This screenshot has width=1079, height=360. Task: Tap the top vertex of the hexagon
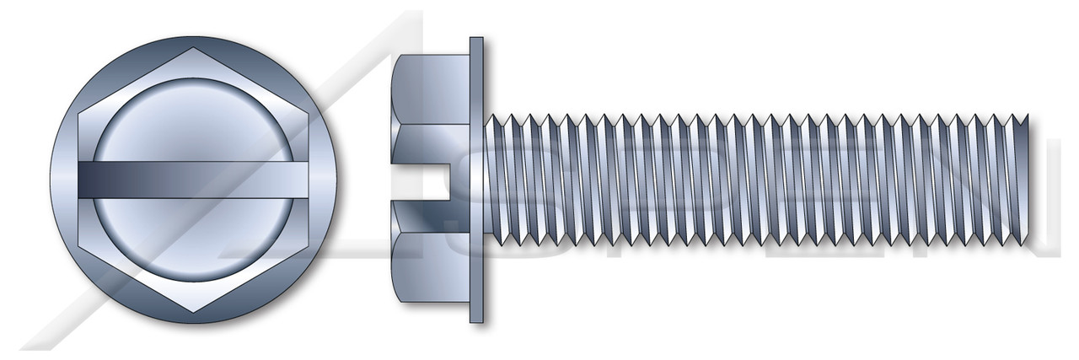point(196,48)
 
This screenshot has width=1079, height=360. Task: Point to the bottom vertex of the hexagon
point(196,313)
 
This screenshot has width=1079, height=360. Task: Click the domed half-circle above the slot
point(196,118)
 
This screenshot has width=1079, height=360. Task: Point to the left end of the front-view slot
point(80,180)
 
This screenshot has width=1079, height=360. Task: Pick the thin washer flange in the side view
point(476,180)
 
